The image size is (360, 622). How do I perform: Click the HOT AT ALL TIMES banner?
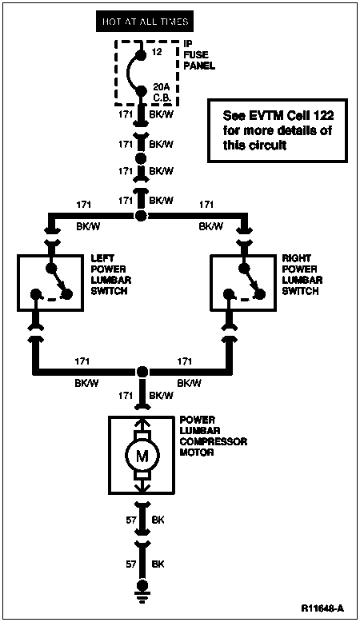pos(145,22)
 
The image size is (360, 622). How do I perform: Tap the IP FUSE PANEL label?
pos(199,54)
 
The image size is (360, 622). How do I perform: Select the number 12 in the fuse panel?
pos(157,52)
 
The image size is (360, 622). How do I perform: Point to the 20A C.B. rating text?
pos(161,93)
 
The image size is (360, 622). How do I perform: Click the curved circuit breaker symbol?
pos(129,73)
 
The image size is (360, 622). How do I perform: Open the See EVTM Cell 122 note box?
pos(278,130)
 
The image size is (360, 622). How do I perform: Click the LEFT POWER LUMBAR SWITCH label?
pos(110,274)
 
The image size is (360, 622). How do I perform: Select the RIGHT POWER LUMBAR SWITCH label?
pos(302,274)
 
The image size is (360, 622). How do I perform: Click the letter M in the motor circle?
pos(142,457)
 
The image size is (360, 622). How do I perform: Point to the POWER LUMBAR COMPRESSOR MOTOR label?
pos(213,436)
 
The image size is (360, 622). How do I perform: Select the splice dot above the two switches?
pos(140,216)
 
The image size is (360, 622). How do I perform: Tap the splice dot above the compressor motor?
pos(142,372)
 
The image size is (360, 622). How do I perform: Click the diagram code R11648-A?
pos(322,608)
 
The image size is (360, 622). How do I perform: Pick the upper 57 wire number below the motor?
pos(131,520)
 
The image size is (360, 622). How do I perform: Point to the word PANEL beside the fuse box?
pos(199,66)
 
